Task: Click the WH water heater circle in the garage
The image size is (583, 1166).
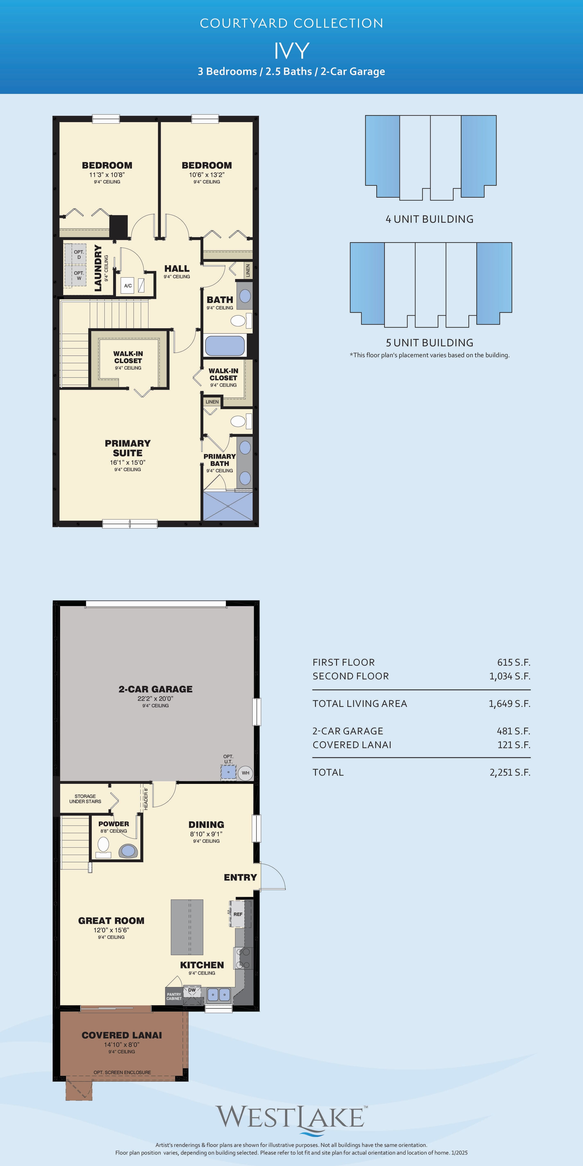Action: (245, 773)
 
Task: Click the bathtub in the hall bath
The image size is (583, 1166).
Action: (225, 346)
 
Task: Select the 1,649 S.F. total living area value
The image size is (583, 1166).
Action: (509, 703)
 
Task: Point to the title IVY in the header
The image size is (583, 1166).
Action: (291, 51)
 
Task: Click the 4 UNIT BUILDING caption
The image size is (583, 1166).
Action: (430, 219)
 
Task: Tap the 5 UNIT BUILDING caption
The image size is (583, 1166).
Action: (430, 343)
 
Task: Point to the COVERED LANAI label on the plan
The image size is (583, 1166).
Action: (122, 1035)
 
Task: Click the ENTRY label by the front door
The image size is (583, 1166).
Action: (240, 877)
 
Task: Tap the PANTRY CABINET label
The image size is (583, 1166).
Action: (174, 996)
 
